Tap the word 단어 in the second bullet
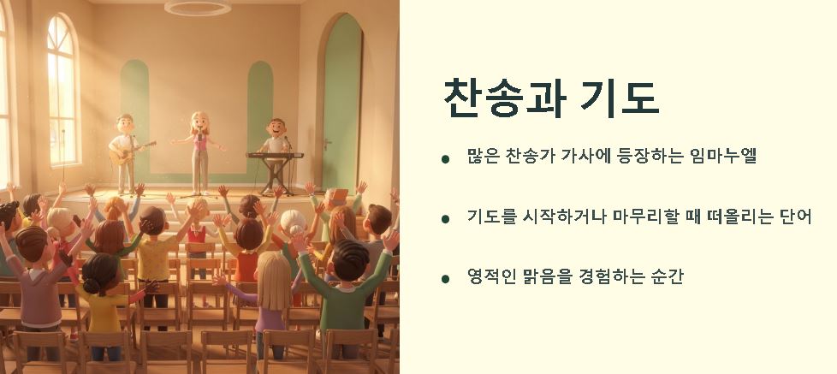pos(792,217)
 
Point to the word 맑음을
pos(553,277)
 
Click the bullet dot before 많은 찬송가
pos(445,159)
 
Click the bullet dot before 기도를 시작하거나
pos(445,219)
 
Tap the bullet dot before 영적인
pos(445,279)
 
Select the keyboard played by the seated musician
pos(275,156)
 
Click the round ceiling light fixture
pos(197,9)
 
